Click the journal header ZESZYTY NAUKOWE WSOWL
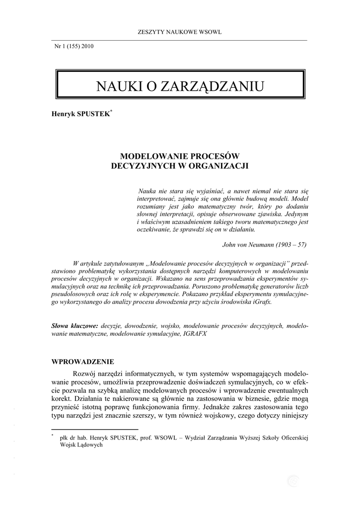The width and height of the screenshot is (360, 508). (x=179, y=32)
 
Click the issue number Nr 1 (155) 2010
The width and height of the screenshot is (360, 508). (x=73, y=47)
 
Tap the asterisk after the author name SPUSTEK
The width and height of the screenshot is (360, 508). (x=112, y=111)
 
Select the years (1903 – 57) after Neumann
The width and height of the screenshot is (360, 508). (x=289, y=245)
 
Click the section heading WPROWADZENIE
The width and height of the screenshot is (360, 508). (x=82, y=361)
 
